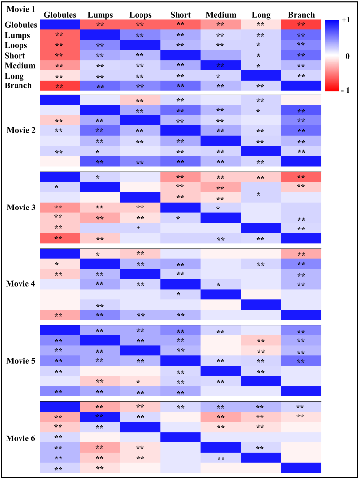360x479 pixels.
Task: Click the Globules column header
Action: pos(60,15)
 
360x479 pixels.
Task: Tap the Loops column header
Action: pos(140,15)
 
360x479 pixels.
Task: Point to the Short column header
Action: pos(180,15)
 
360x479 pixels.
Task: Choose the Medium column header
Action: pos(220,15)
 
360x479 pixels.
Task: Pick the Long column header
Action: pos(261,15)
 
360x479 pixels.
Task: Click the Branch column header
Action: pos(301,15)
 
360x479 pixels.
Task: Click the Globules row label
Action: pos(20,25)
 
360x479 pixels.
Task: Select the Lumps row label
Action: pos(17,35)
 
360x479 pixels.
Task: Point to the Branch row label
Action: pos(18,86)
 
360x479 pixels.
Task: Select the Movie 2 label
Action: pos(20,130)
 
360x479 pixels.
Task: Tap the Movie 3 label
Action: pos(20,207)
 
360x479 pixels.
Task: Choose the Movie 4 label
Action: pos(20,284)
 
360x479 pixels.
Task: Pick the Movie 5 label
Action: pos(20,361)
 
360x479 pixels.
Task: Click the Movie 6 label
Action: pos(20,438)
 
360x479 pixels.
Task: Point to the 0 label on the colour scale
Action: pos(347,56)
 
